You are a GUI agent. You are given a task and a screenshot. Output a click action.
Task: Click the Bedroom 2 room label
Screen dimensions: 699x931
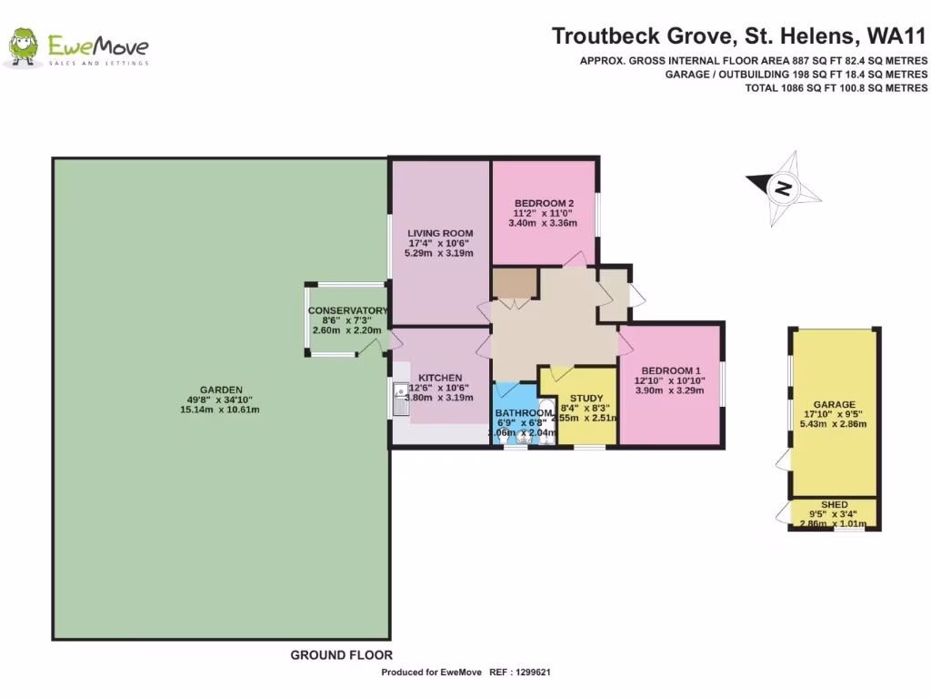coord(544,203)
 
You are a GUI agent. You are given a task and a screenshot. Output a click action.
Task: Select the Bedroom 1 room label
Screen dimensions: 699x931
coord(670,370)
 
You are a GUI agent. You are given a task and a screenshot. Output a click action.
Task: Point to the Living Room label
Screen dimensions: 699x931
coord(440,233)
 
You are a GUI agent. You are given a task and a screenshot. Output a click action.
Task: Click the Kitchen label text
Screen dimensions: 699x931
coord(440,378)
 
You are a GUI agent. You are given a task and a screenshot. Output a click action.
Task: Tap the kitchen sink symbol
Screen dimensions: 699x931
coord(399,400)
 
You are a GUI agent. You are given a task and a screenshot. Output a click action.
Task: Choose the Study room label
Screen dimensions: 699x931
coord(586,398)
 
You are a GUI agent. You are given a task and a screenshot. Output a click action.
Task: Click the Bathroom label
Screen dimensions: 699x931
coord(524,412)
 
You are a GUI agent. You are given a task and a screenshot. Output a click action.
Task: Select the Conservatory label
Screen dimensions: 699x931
coord(347,310)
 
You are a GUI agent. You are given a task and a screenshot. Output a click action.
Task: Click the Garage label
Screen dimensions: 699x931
coord(834,404)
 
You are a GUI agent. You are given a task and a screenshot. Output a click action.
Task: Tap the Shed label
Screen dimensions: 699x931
coord(834,504)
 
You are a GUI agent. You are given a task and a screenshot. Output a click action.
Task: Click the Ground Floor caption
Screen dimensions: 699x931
coord(341,654)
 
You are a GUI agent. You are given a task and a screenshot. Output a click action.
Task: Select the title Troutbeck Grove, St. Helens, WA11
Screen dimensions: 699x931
coord(739,37)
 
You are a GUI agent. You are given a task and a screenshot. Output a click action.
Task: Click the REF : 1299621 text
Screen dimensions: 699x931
coord(521,673)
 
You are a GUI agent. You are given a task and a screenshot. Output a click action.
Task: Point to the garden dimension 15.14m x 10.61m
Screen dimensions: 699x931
coord(220,410)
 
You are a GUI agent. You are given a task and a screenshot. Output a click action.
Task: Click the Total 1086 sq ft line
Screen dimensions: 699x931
coord(836,88)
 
